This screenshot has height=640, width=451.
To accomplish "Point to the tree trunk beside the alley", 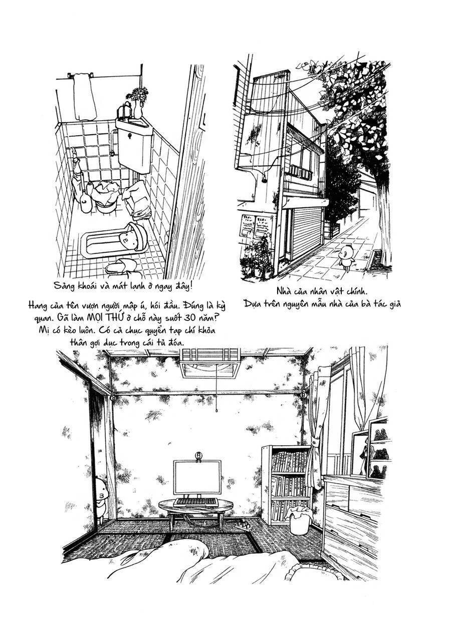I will click(385, 220).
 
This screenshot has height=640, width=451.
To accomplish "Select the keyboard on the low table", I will click(195, 501).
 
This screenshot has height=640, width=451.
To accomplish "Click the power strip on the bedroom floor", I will click(246, 526).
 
